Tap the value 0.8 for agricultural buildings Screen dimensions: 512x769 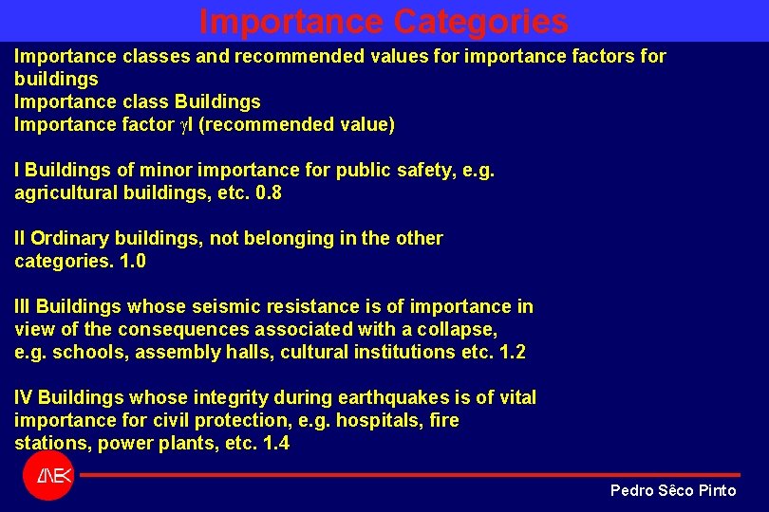coord(269,192)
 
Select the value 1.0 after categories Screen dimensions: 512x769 coord(132,261)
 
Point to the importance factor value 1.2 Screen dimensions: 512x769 coord(512,352)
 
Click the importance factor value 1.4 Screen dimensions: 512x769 coord(275,443)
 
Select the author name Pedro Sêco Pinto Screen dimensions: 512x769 coord(672,490)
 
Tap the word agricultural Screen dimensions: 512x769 coord(68,192)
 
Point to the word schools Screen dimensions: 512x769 coord(84,352)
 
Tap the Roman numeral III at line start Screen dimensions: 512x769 coord(23,306)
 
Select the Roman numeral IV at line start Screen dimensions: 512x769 coord(24,397)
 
